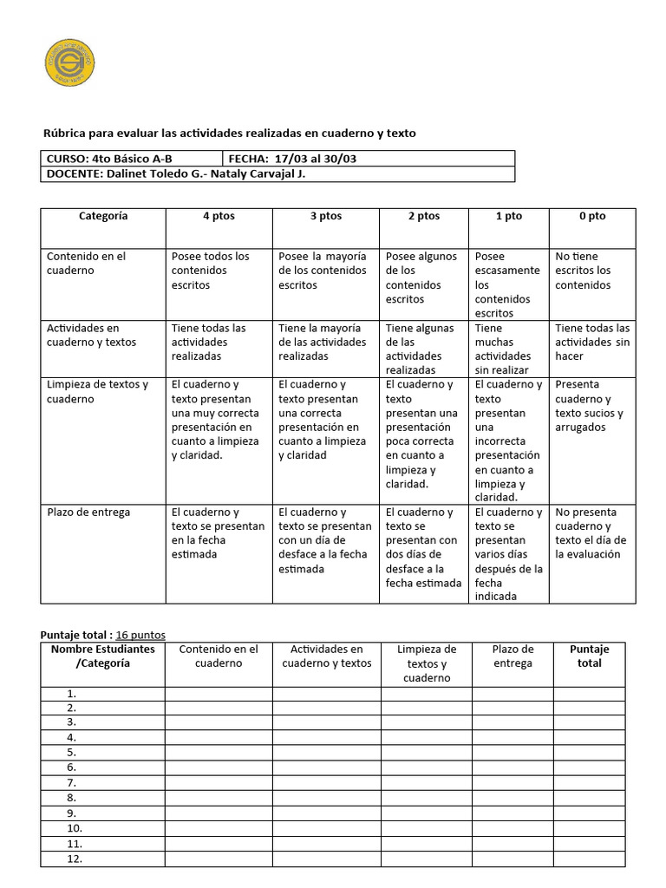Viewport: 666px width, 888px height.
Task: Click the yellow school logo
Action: click(x=69, y=62)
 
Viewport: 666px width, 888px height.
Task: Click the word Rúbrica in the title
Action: click(x=66, y=134)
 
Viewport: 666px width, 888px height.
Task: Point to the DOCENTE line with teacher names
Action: click(x=174, y=173)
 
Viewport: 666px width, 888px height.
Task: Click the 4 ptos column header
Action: click(x=219, y=217)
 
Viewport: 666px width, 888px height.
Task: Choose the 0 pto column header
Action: click(x=592, y=217)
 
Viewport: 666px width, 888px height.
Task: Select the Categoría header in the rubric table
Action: click(x=103, y=217)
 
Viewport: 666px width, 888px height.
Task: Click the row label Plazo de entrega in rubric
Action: click(x=88, y=513)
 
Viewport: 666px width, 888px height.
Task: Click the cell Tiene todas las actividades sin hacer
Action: click(x=592, y=342)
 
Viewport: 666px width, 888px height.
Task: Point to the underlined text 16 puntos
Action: click(x=140, y=635)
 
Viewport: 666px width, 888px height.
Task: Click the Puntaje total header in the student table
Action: click(x=589, y=656)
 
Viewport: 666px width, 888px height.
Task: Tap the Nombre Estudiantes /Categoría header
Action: click(x=102, y=656)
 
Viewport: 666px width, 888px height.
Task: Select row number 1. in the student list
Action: click(x=72, y=694)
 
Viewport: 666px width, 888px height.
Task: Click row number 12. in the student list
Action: click(x=74, y=859)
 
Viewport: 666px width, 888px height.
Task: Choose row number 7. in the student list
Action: click(x=72, y=783)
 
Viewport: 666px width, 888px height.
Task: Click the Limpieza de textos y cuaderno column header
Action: click(x=426, y=663)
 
